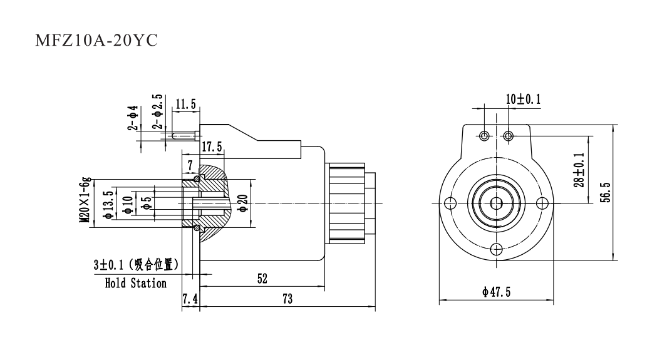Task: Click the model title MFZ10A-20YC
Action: [x=95, y=42]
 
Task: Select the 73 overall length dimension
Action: [x=287, y=299]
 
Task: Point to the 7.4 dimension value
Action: [x=190, y=299]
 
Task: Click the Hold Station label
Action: [x=135, y=283]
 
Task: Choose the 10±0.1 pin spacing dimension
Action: [x=523, y=100]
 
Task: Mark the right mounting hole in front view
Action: [x=542, y=203]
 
